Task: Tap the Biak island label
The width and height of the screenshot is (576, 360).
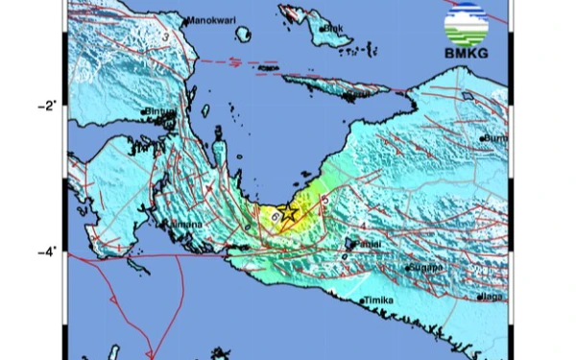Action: click(x=333, y=29)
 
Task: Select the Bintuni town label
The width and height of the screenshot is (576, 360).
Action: click(x=160, y=112)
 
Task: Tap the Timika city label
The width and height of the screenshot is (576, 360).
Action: click(x=381, y=301)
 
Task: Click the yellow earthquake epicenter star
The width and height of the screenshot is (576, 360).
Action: click(x=287, y=214)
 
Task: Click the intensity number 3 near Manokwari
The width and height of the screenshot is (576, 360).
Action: click(x=167, y=37)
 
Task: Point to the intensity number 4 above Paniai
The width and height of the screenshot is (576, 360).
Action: click(x=364, y=227)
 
